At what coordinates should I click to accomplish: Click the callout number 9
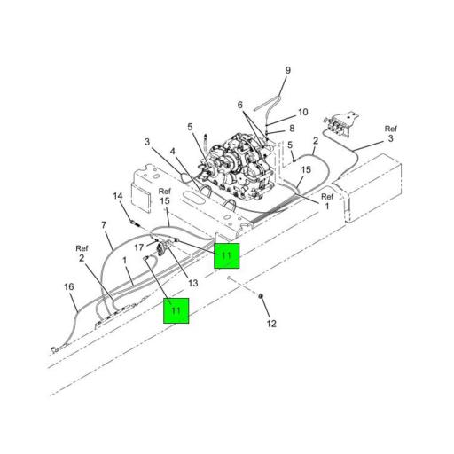point(288,70)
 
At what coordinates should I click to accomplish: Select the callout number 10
point(303,112)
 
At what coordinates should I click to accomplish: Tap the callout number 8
point(292,128)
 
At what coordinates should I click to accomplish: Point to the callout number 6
point(240,105)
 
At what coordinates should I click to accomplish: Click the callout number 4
point(173,152)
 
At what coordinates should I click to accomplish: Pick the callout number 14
point(118,196)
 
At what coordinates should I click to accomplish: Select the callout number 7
point(104,225)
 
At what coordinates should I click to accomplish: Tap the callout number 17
point(139,247)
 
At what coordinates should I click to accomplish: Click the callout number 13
point(193,283)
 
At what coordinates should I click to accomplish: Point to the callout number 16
point(69,286)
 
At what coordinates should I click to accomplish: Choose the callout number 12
point(271,324)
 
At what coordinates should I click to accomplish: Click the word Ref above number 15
point(165,192)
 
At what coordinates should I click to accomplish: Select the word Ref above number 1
point(327,196)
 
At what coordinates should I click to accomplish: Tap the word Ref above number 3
point(391,129)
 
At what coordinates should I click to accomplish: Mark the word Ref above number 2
point(82,248)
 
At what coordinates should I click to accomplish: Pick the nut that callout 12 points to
point(261,296)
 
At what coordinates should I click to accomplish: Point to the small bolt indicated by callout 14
point(135,223)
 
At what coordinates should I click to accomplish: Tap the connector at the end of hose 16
point(58,349)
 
